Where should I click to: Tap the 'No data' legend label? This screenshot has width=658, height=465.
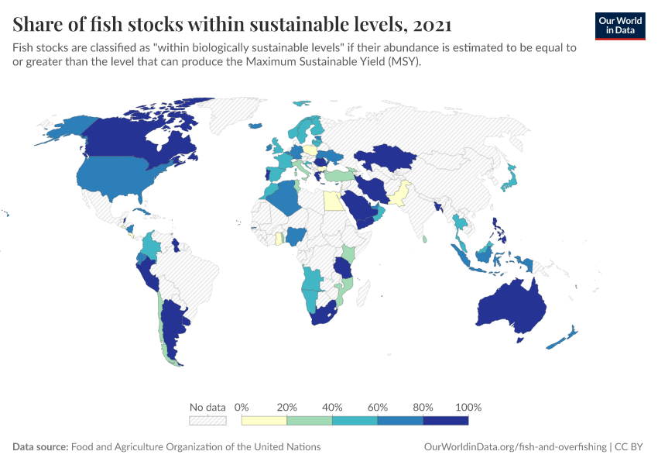point(207,407)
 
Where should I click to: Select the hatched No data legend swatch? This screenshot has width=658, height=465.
point(207,420)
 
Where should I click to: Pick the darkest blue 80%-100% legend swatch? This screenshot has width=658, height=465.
point(446,420)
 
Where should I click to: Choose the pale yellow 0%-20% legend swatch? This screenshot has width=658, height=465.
point(264,420)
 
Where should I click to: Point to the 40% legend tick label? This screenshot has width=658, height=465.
point(332,407)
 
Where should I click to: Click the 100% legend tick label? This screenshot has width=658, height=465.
point(468,407)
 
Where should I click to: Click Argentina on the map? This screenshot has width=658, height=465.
point(176,325)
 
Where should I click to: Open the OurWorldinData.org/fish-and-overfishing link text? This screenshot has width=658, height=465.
point(516,447)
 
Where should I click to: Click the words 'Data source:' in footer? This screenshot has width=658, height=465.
point(40,447)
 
